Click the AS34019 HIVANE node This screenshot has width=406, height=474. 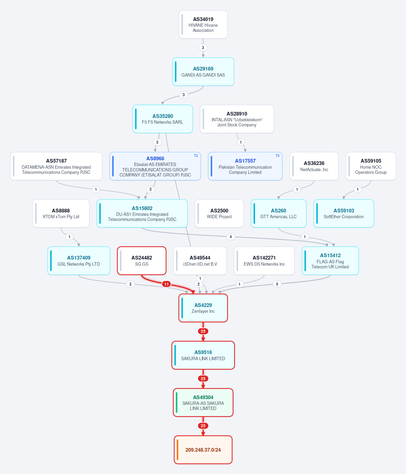click(x=203, y=24)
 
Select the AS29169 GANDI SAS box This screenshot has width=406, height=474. click(x=203, y=71)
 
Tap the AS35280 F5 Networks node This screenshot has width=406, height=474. click(x=162, y=119)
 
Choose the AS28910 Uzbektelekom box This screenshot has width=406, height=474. click(x=237, y=119)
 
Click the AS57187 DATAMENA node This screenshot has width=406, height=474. click(x=56, y=166)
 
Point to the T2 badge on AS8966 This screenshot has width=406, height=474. click(x=196, y=156)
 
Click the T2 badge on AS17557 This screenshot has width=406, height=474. click(x=277, y=156)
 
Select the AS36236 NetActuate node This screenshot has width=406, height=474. click(x=314, y=166)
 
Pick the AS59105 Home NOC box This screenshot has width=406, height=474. click(x=371, y=166)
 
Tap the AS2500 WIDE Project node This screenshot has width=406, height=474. click(x=219, y=213)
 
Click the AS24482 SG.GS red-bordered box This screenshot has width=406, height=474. click(x=142, y=261)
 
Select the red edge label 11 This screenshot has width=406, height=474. click(x=167, y=284)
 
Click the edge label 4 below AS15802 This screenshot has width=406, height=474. click(x=231, y=236)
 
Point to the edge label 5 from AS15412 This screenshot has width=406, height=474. click(x=277, y=284)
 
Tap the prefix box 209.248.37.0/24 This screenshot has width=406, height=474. click(x=203, y=450)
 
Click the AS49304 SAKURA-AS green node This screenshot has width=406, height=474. click(x=203, y=403)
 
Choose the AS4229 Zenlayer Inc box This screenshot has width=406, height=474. click(x=203, y=308)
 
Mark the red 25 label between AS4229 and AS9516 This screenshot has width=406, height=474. click(x=203, y=331)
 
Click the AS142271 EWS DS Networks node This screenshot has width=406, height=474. click(x=264, y=261)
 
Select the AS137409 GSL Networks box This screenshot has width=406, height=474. click(x=79, y=261)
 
